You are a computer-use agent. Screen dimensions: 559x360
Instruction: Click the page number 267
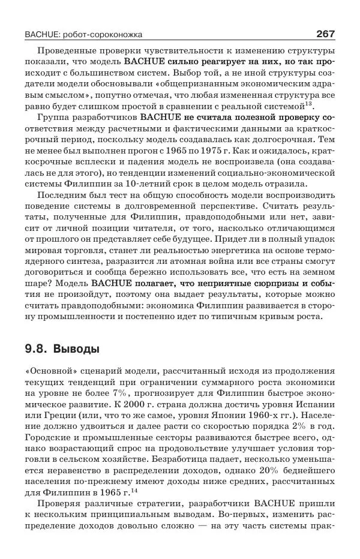click(325, 34)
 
